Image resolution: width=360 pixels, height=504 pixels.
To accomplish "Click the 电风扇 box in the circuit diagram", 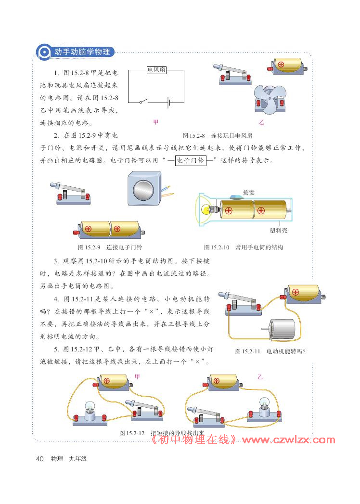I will click(156, 70).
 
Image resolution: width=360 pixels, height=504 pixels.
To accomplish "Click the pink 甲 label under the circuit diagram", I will click(155, 122).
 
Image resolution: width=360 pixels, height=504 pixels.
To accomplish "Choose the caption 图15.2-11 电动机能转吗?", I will click(270, 351).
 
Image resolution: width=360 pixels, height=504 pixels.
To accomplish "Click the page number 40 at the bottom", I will click(40, 459).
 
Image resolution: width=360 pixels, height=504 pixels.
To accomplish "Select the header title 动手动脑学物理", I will click(82, 52).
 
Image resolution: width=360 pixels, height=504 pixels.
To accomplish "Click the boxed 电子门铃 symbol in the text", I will click(190, 160).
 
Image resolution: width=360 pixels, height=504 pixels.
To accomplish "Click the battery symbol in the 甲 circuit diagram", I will click(167, 102).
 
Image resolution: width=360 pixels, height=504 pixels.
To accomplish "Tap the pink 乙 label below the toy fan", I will click(261, 122).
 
